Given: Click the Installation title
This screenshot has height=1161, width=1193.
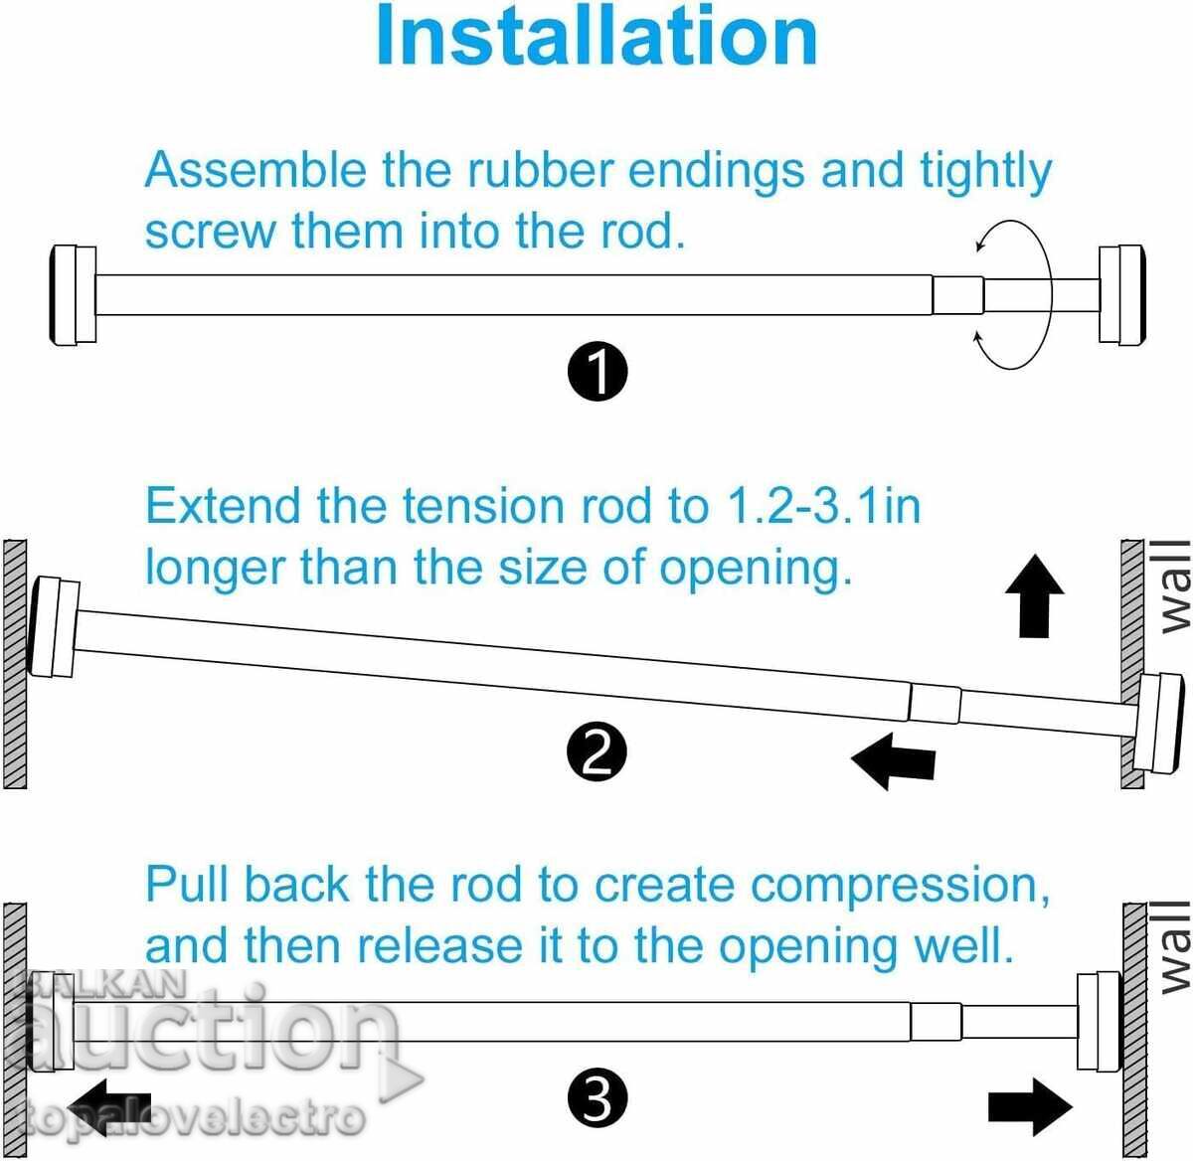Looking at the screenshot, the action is click(x=596, y=35).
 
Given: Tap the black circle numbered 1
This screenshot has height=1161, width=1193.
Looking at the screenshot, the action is click(x=597, y=372).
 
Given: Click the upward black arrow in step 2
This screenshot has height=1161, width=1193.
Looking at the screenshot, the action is click(x=1035, y=595).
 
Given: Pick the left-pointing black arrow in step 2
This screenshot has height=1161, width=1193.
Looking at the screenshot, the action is click(x=893, y=761).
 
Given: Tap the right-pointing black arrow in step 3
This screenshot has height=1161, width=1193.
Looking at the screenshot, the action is click(x=1031, y=1107).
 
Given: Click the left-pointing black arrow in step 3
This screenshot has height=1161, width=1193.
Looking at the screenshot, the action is click(x=109, y=1108).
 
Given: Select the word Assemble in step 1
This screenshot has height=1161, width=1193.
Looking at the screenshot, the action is click(x=256, y=170).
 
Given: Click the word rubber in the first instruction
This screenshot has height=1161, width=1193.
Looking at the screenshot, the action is click(x=540, y=170).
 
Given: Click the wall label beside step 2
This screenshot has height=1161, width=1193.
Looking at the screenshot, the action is click(x=1176, y=586).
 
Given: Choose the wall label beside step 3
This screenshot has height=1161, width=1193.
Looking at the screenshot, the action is click(x=1176, y=947).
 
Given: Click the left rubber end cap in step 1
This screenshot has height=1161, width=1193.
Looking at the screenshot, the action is click(x=73, y=295).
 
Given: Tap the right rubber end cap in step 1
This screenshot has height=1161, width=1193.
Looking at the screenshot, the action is click(x=1121, y=295).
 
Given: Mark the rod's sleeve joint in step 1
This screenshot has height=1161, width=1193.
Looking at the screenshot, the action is click(x=958, y=295).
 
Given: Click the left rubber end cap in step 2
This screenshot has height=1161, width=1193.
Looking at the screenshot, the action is click(x=54, y=627).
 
